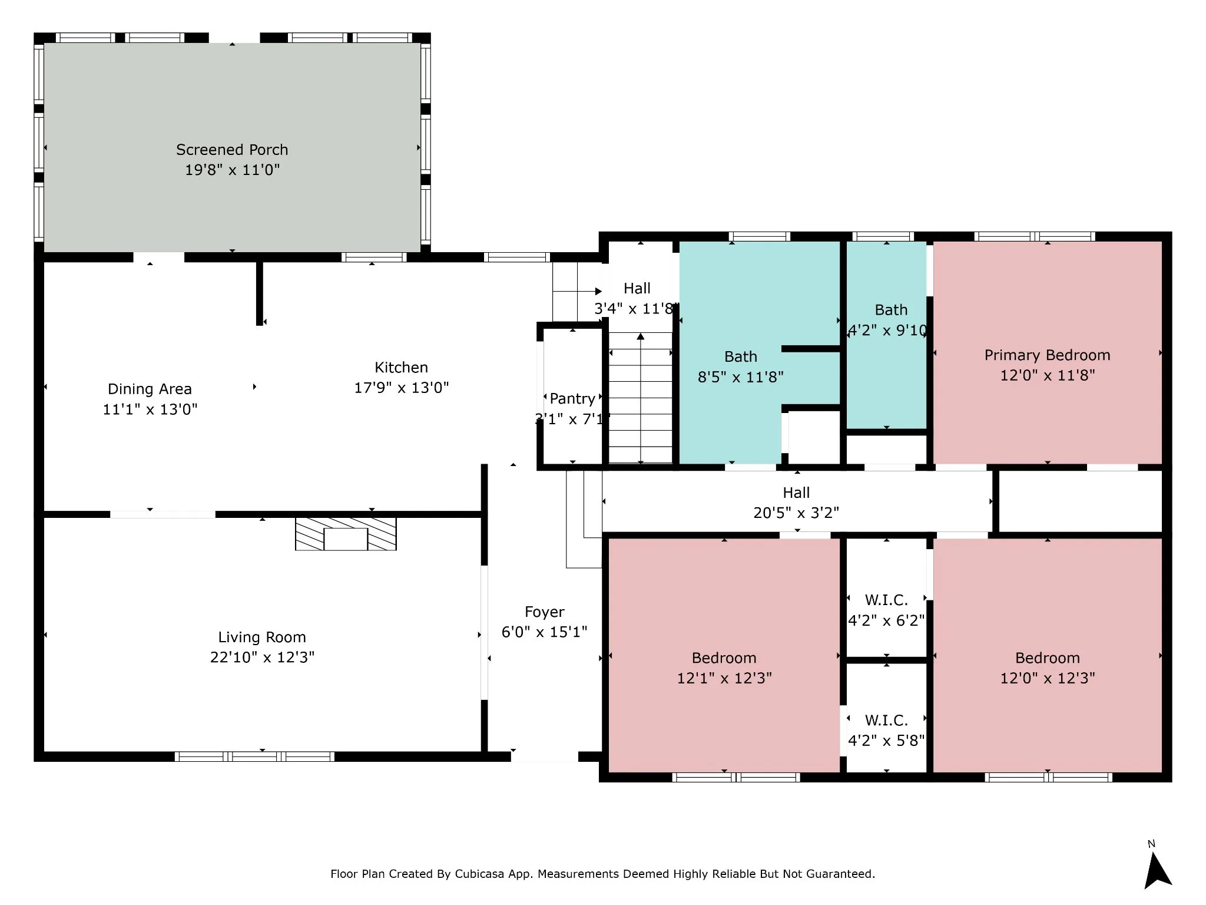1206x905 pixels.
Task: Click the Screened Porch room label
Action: tap(232, 150)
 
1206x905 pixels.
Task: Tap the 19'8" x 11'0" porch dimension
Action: tap(232, 170)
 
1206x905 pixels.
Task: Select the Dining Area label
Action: tap(150, 389)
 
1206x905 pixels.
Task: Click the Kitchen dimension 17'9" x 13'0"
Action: tap(401, 388)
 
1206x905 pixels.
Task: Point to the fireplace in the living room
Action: tap(346, 534)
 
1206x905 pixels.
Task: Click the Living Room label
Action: tap(262, 637)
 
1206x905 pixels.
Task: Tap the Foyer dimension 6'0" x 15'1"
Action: tap(544, 632)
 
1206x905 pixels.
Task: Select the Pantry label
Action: tap(572, 399)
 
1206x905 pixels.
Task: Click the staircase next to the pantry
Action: tap(640, 398)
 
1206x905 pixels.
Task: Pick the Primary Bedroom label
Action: tap(1047, 355)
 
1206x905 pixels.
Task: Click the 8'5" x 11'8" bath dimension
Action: tap(740, 377)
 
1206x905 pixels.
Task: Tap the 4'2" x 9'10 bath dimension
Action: tap(887, 331)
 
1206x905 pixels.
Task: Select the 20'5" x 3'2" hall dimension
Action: tap(796, 513)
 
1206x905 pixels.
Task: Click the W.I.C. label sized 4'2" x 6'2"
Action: tap(886, 600)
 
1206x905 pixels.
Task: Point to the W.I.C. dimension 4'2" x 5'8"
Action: tap(886, 741)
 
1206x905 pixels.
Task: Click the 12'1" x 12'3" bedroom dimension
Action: tap(724, 678)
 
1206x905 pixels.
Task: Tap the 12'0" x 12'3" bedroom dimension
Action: tap(1047, 678)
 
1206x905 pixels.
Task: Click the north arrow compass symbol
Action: tap(1157, 867)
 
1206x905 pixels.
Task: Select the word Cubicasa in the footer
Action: tap(479, 874)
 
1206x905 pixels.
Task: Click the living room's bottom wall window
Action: tap(254, 757)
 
